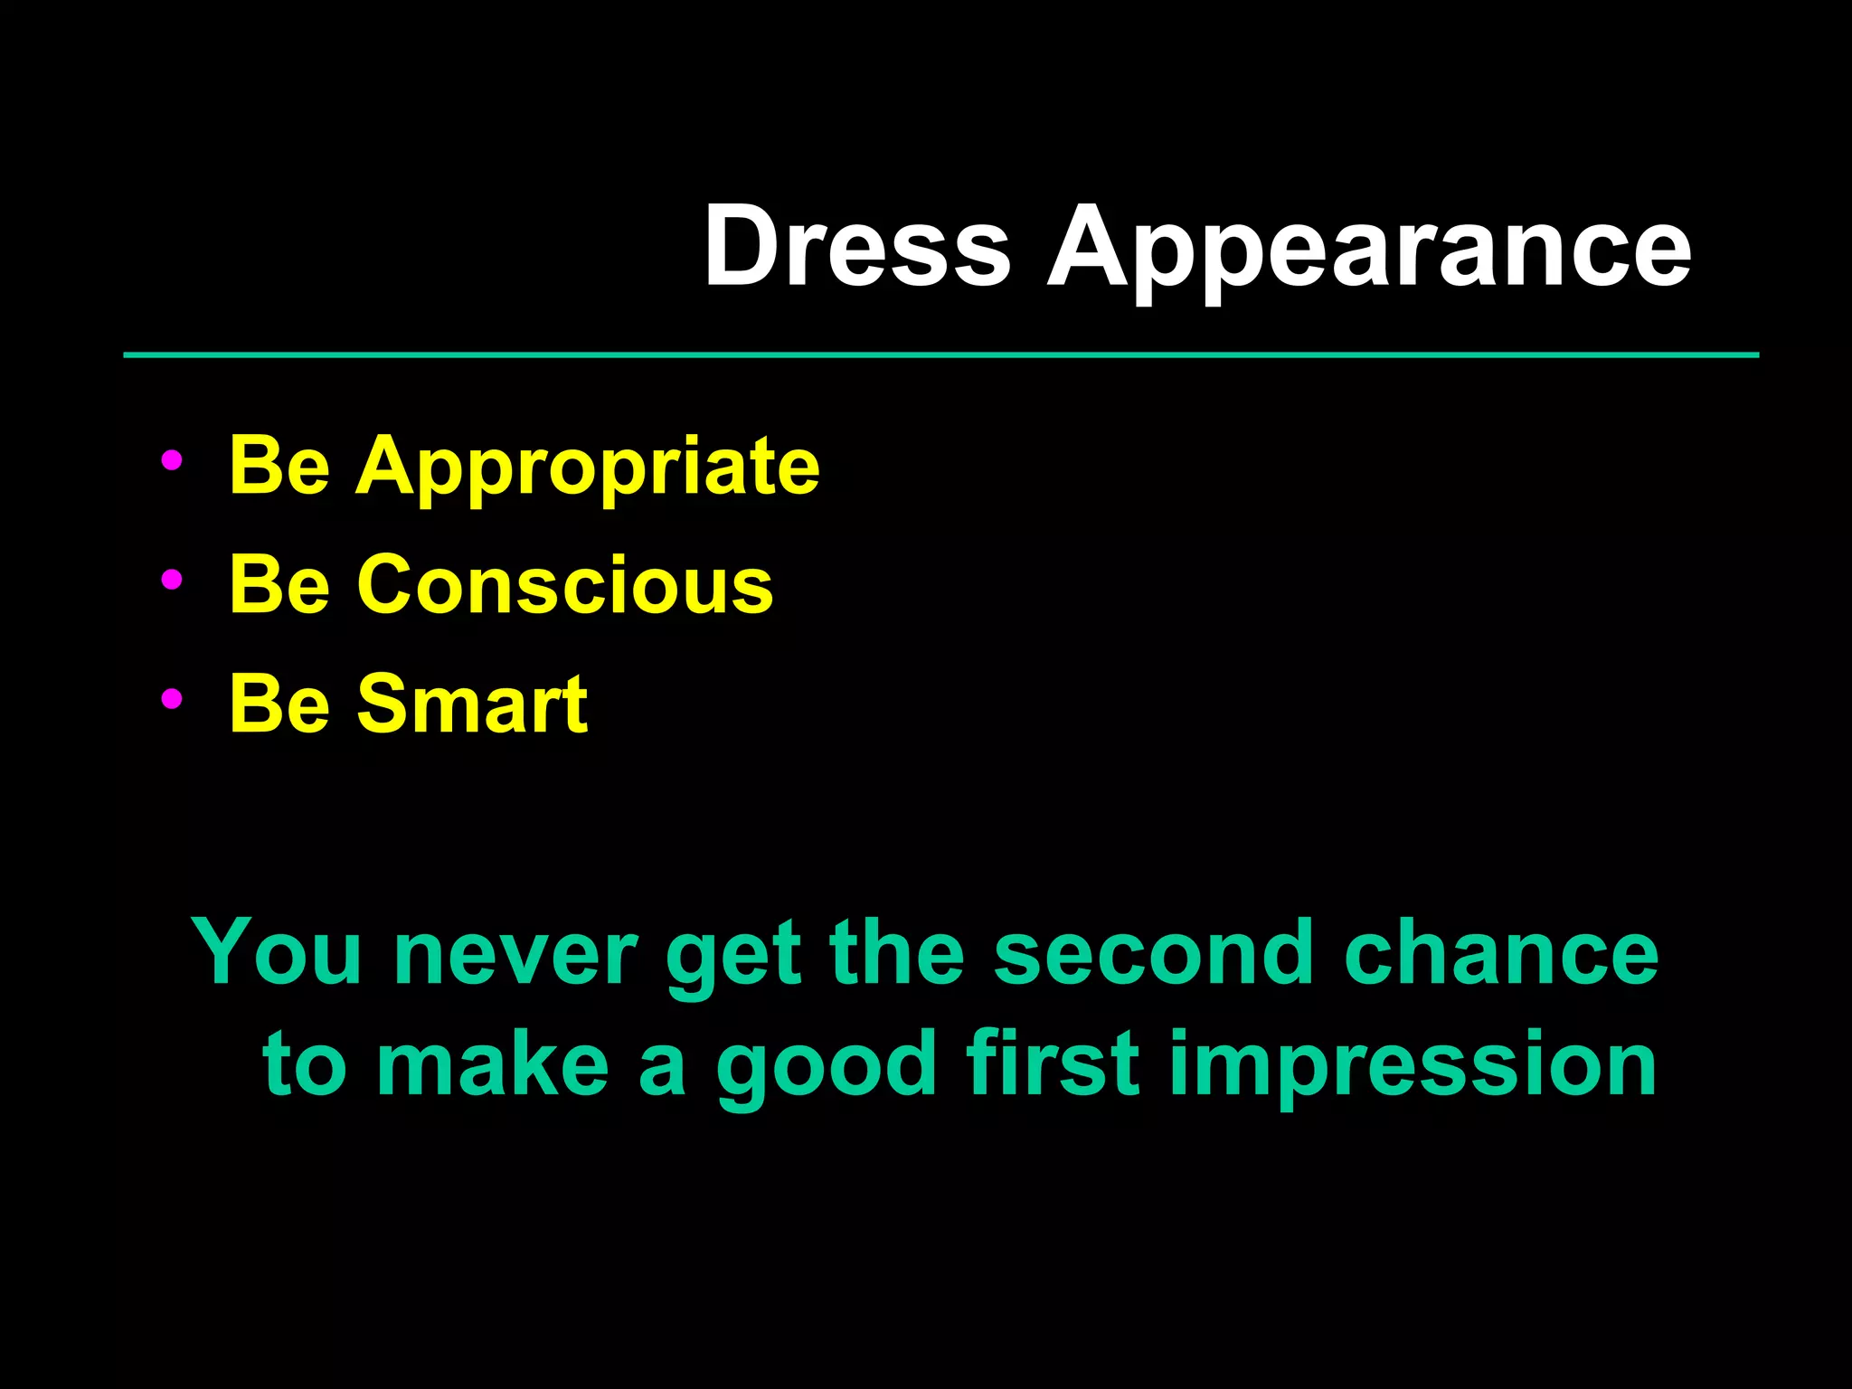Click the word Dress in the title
coord(856,246)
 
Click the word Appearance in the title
coord(1369,249)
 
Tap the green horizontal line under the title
coord(940,355)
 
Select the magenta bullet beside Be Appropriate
coord(171,460)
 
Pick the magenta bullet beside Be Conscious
coord(171,580)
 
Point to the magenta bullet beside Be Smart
coord(171,698)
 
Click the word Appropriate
coord(588,468)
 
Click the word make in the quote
coord(493,1064)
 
